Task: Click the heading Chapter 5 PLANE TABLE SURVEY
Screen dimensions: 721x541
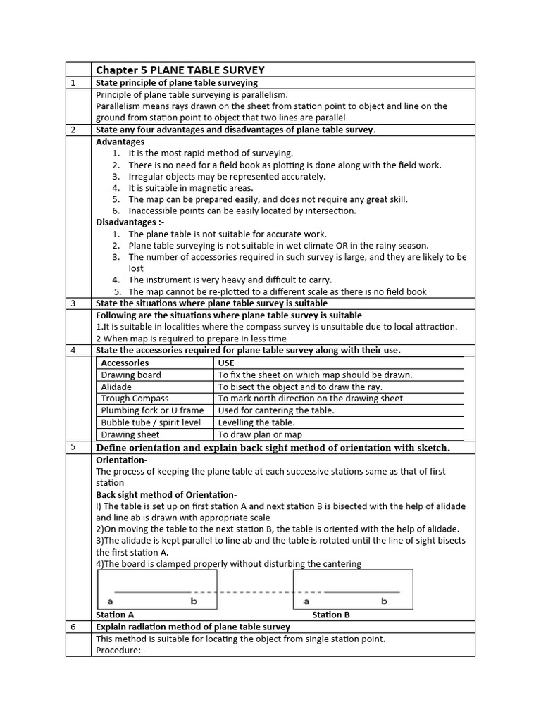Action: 180,70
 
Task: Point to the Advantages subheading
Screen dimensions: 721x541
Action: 120,142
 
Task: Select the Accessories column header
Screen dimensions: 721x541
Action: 125,363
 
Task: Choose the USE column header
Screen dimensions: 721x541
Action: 226,363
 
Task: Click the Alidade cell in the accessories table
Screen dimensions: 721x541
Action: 116,387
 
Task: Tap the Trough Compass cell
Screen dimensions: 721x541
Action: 135,399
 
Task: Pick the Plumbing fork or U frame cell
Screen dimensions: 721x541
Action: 152,410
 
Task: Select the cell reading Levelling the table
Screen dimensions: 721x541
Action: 256,422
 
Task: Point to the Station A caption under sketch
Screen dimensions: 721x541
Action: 115,615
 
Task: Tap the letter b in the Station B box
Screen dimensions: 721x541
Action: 384,601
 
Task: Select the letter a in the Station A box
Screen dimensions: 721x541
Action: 109,602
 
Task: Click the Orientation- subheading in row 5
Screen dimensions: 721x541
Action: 121,460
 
